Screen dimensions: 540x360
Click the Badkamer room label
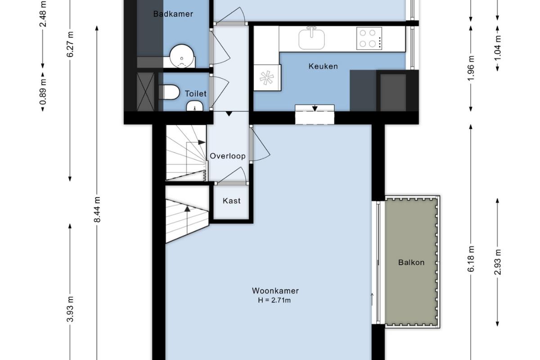pyautogui.click(x=173, y=14)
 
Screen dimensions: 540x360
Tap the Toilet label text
pyautogui.click(x=195, y=94)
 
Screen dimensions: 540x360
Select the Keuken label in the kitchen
pyautogui.click(x=323, y=66)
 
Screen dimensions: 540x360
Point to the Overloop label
pyautogui.click(x=228, y=156)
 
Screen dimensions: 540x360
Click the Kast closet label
pyautogui.click(x=231, y=201)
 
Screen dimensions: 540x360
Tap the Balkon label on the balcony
pyautogui.click(x=411, y=262)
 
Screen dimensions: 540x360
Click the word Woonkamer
pyautogui.click(x=275, y=291)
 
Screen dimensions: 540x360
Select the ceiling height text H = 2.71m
pyautogui.click(x=274, y=300)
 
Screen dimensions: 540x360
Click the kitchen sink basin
pyautogui.click(x=311, y=39)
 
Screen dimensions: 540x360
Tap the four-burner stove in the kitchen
pyautogui.click(x=369, y=38)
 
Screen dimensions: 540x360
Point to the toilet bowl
pyautogui.click(x=169, y=92)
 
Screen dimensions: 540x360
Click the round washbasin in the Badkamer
pyautogui.click(x=182, y=56)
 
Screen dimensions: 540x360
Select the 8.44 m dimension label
pyautogui.click(x=97, y=209)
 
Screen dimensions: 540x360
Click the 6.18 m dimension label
pyautogui.click(x=471, y=259)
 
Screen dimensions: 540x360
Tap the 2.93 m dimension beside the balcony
pyautogui.click(x=497, y=262)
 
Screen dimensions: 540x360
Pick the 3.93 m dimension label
pyautogui.click(x=70, y=309)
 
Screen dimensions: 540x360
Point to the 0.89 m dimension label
pyautogui.click(x=43, y=92)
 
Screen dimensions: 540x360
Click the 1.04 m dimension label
pyautogui.click(x=497, y=48)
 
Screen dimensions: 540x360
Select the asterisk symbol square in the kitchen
pyautogui.click(x=267, y=78)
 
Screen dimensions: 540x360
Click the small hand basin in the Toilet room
pyautogui.click(x=194, y=106)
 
